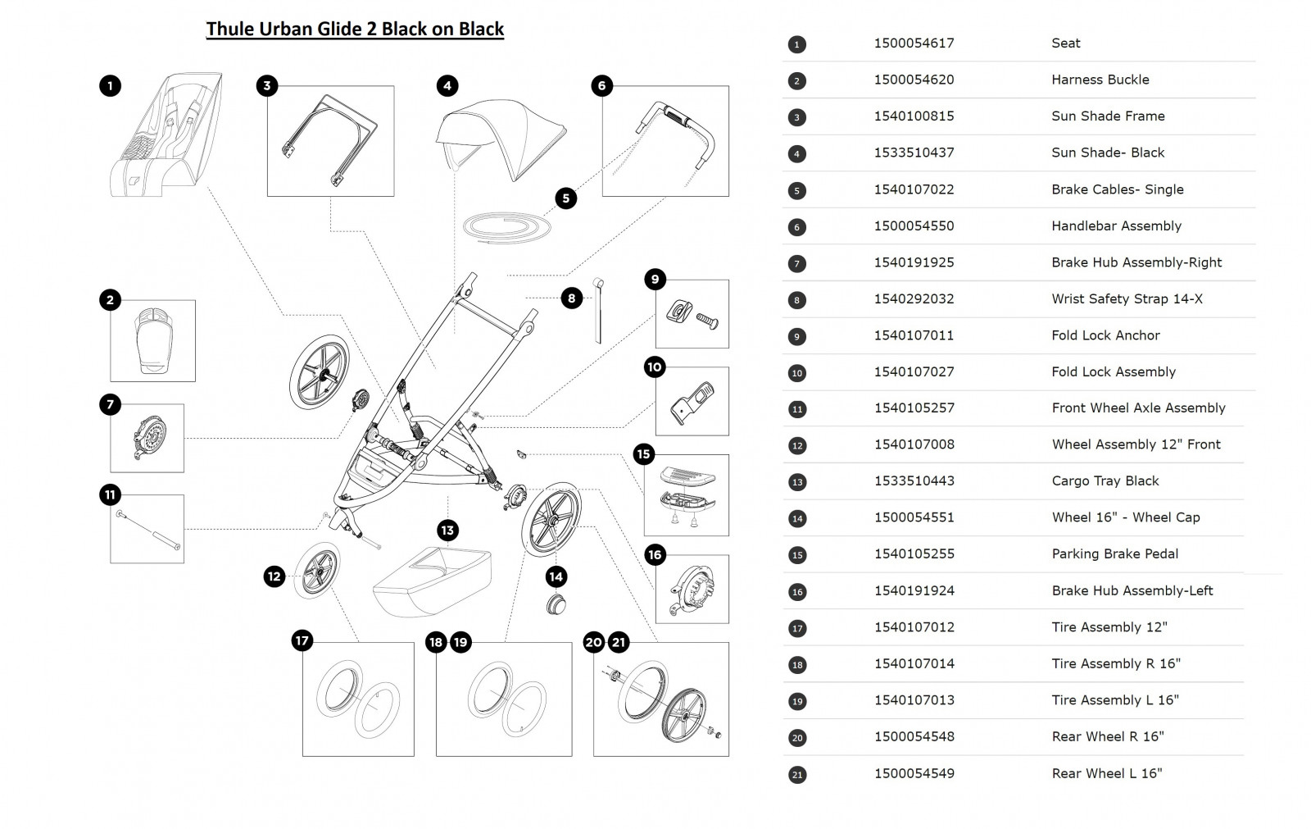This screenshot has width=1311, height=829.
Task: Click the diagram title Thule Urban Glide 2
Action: (355, 30)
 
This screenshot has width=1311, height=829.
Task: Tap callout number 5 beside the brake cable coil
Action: (565, 198)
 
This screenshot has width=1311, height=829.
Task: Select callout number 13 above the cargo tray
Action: (447, 531)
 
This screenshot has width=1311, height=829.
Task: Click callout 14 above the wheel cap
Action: (556, 576)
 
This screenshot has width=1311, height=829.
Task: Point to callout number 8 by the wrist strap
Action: (572, 298)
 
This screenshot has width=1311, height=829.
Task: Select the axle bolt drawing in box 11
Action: (147, 531)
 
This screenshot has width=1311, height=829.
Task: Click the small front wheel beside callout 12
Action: (315, 569)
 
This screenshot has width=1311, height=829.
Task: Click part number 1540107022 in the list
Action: (914, 189)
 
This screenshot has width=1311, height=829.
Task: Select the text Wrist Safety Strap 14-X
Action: (1127, 299)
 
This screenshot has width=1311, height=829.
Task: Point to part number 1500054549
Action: (914, 773)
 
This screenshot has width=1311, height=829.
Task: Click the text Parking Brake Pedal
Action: (1114, 554)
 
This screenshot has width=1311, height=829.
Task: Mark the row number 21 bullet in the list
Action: (796, 774)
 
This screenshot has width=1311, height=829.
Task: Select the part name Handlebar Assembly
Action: (1116, 226)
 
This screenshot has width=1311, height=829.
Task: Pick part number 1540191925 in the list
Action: (914, 262)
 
